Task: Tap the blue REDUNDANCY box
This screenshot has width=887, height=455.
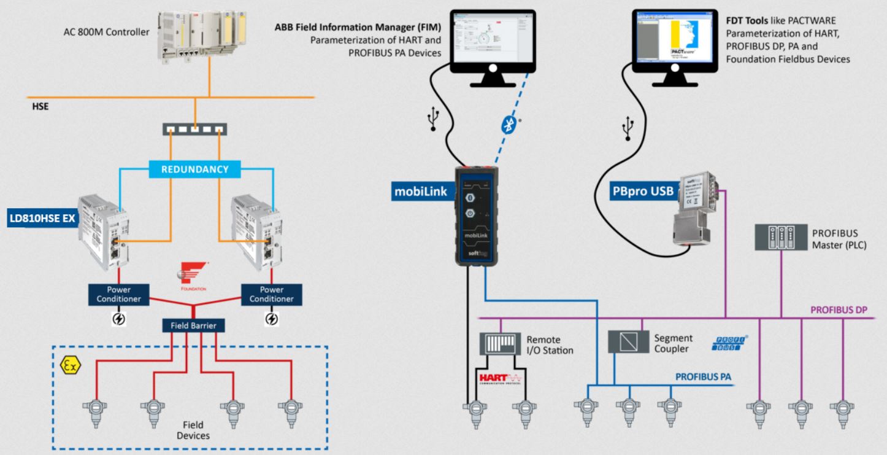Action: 195,169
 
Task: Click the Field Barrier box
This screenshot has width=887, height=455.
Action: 193,325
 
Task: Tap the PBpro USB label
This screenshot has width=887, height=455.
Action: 635,191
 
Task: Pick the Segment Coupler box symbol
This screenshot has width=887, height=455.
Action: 628,341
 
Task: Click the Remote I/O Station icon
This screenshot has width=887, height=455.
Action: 500,344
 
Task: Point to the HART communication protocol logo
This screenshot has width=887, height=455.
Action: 499,377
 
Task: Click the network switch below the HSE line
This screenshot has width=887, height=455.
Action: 194,130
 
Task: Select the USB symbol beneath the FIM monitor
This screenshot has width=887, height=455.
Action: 434,120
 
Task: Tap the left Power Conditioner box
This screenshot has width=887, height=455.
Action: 119,294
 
